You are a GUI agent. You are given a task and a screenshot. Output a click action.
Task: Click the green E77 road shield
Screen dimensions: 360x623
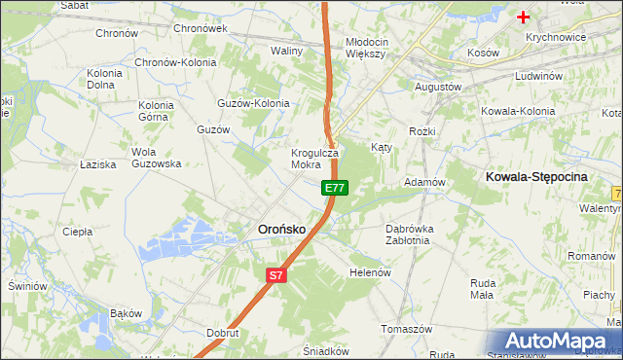pos(334,187)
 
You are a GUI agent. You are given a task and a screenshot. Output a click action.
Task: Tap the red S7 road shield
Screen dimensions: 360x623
pos(276,275)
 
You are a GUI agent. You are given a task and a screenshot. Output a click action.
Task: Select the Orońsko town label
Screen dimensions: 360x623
pos(281,229)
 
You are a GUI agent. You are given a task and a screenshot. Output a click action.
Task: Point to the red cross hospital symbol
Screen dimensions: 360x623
pos(524,17)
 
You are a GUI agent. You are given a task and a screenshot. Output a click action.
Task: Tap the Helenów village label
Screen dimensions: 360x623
pos(370,272)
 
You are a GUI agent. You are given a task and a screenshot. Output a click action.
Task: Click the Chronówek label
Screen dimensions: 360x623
pos(200,28)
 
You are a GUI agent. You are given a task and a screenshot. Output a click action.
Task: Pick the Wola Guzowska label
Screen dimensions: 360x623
pos(157,158)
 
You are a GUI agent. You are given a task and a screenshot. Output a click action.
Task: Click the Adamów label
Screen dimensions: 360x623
pos(424,182)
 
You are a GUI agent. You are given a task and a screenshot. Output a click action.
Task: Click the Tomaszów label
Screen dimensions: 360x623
pos(407,329)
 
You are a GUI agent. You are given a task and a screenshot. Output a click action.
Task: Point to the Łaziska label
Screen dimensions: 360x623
pos(98,164)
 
